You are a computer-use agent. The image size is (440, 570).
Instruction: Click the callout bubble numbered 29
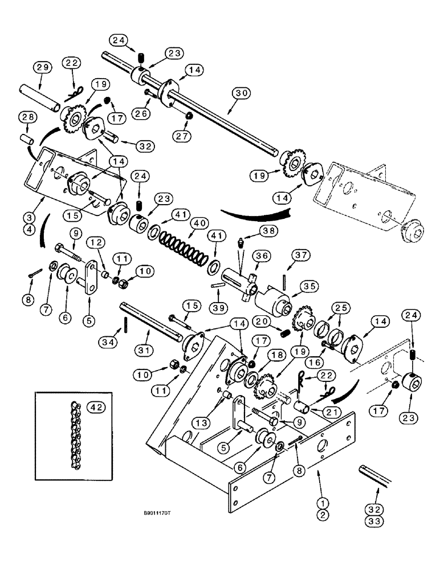[x=43, y=67]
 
